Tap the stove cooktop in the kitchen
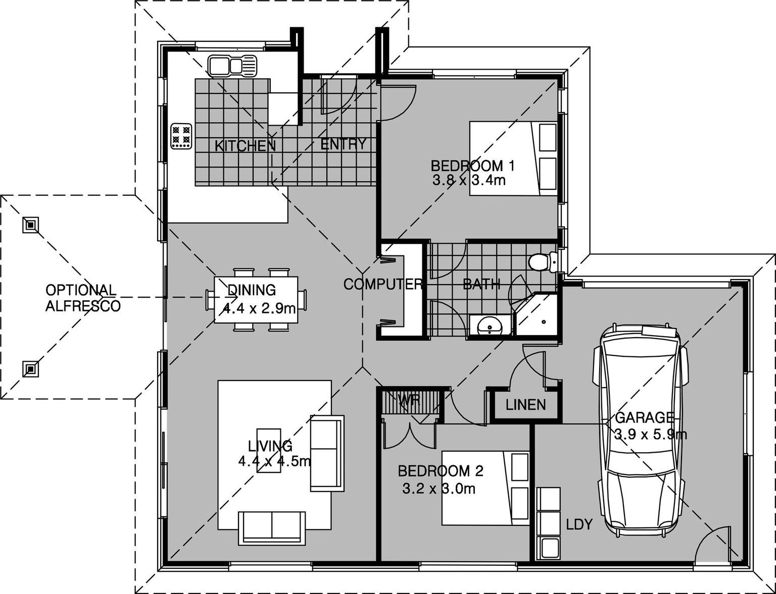pyautogui.click(x=181, y=136)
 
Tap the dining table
pyautogui.click(x=256, y=300)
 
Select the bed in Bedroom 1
pyautogui.click(x=513, y=158)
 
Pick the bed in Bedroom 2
pyautogui.click(x=486, y=488)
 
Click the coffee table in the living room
pyautogui.click(x=269, y=450)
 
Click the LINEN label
pyautogui.click(x=525, y=405)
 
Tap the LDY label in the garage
pyautogui.click(x=579, y=525)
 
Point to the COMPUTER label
pyautogui.click(x=382, y=285)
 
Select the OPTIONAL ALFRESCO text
pyautogui.click(x=83, y=298)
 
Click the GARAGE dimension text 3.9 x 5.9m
pyautogui.click(x=650, y=434)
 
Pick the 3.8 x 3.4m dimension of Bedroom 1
pyautogui.click(x=469, y=180)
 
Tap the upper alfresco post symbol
pyautogui.click(x=31, y=225)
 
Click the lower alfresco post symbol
pyautogui.click(x=31, y=369)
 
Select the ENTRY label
pyautogui.click(x=343, y=144)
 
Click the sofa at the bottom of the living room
pyautogui.click(x=272, y=527)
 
